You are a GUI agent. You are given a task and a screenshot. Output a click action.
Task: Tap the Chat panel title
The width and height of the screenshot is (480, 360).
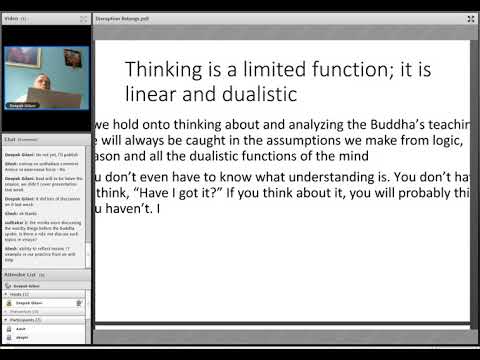pyautogui.click(x=10, y=139)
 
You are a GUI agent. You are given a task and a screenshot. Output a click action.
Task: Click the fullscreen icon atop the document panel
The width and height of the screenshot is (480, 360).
pyautogui.click(x=471, y=19)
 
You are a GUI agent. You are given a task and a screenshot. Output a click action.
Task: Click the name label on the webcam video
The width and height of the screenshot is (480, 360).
pyautogui.click(x=24, y=104)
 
